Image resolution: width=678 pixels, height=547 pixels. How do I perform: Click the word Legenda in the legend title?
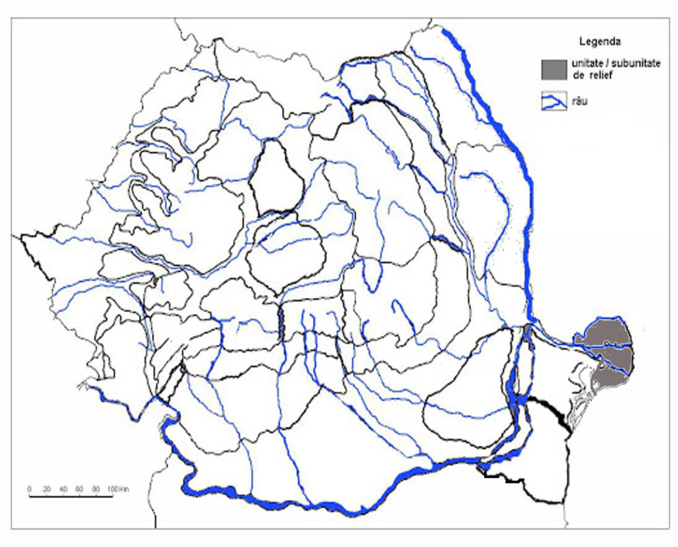(599, 42)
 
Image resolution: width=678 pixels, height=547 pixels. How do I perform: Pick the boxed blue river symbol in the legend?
(554, 101)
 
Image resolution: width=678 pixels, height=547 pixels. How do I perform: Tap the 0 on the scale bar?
(29, 489)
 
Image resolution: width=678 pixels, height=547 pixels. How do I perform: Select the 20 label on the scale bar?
(46, 489)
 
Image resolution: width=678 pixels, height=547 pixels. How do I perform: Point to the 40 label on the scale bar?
(63, 489)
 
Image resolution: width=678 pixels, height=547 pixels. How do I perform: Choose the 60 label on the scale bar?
(79, 489)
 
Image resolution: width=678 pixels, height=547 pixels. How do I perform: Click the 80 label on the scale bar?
(96, 489)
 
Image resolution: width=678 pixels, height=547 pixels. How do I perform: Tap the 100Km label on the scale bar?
(117, 489)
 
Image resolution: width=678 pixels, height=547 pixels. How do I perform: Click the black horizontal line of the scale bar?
(70, 495)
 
